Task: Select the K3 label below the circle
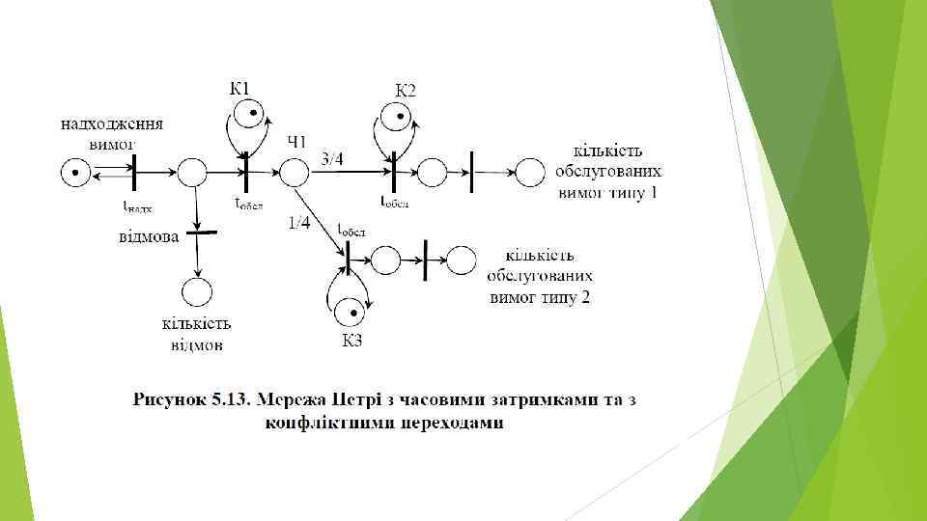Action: tap(351, 340)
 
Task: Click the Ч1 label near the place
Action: tap(297, 143)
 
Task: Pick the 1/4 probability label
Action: tap(299, 224)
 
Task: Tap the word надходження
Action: tap(112, 124)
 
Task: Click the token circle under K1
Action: tap(253, 115)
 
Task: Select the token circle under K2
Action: tap(394, 119)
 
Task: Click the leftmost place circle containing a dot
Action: tap(75, 174)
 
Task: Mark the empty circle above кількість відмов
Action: tap(197, 291)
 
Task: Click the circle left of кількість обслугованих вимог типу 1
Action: tap(529, 174)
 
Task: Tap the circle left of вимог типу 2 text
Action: tap(461, 259)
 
